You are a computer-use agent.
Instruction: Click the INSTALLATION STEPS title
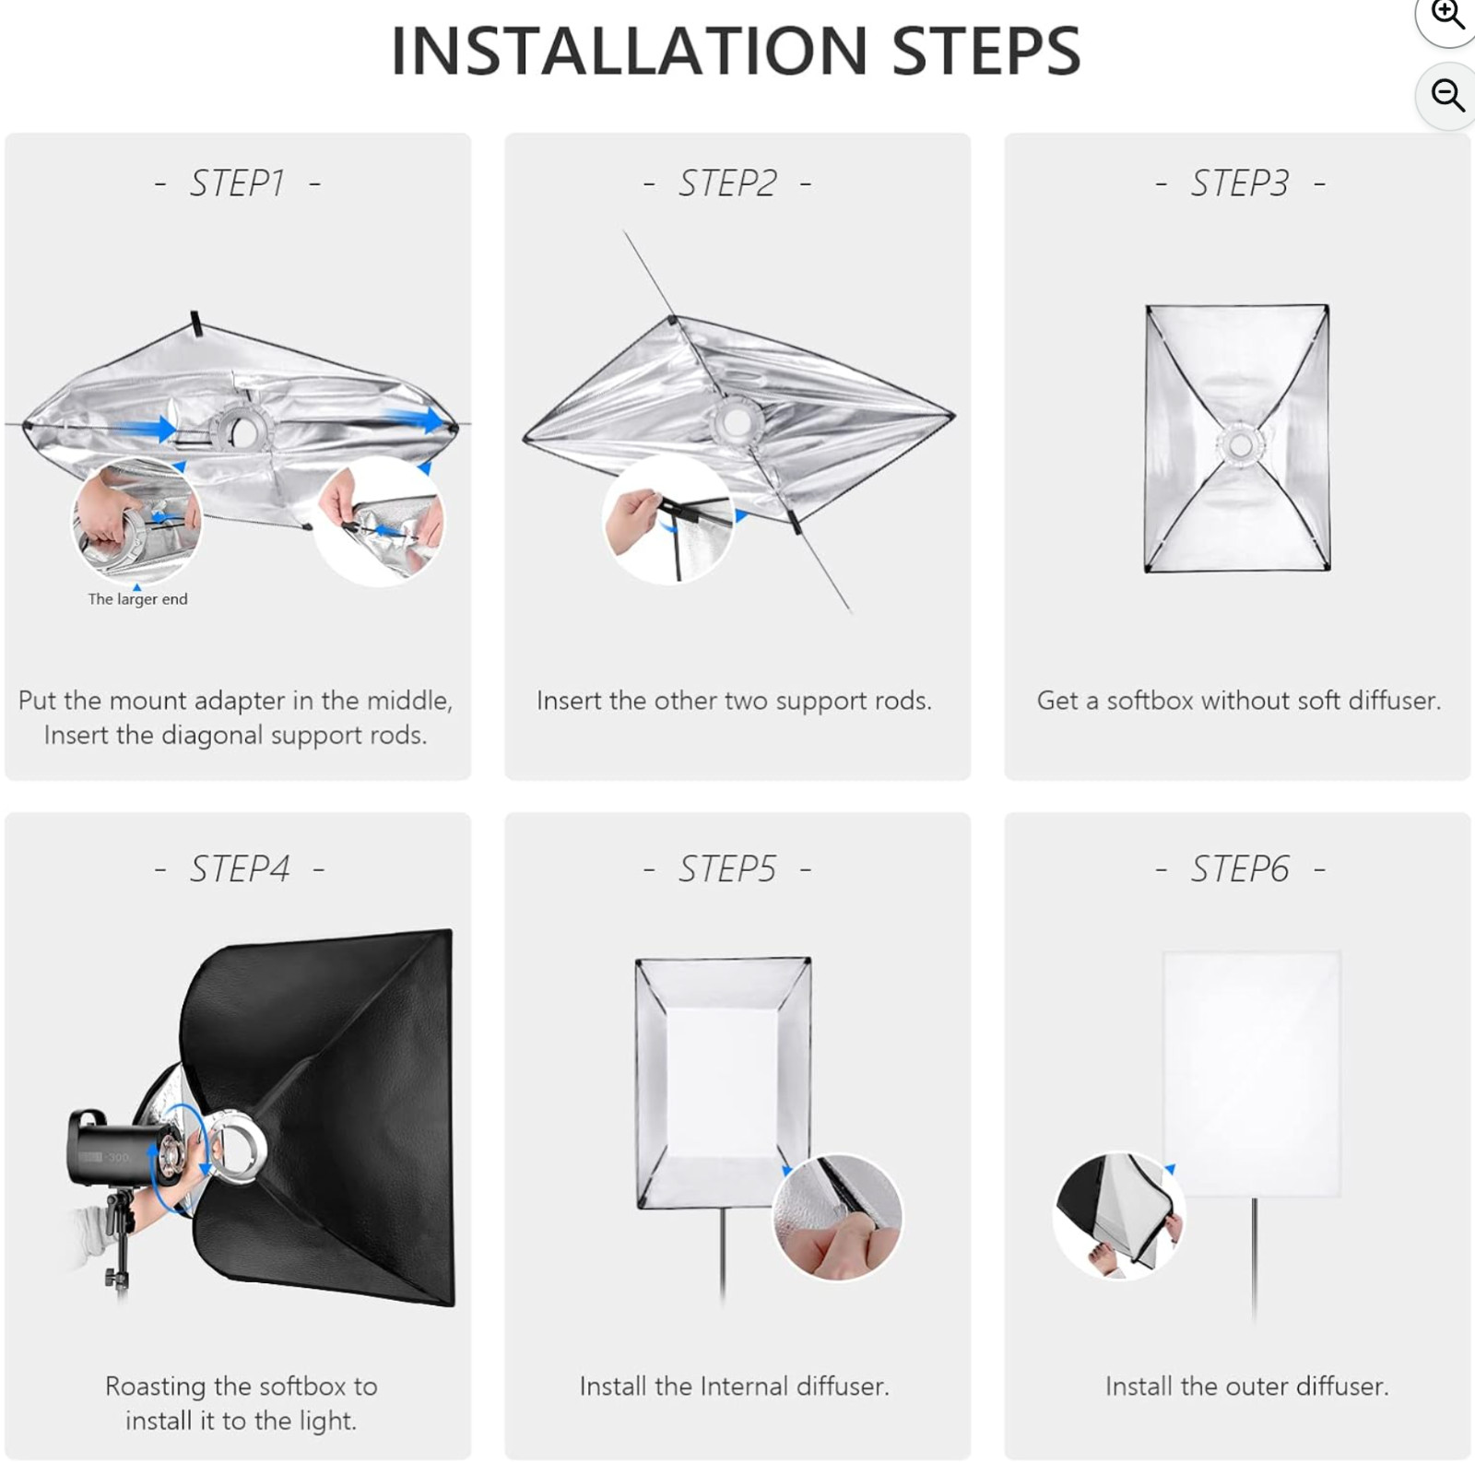point(736,52)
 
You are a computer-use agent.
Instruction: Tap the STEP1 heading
point(238,183)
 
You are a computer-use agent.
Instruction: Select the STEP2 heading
point(727,183)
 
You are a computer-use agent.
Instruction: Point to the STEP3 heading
point(1239,183)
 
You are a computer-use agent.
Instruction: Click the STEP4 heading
point(240,869)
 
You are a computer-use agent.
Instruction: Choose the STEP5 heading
point(727,869)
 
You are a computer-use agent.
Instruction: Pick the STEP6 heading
point(1239,869)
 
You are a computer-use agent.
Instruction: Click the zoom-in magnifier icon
point(1447,16)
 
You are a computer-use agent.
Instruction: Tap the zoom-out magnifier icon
point(1447,95)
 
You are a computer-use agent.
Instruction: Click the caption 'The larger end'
point(137,599)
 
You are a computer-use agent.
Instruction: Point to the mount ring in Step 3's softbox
point(1240,446)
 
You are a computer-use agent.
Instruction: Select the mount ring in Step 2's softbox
point(737,422)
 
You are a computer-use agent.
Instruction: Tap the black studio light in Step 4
point(124,1149)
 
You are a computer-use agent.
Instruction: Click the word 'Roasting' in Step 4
point(155,1387)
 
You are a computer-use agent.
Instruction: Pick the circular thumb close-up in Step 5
point(837,1217)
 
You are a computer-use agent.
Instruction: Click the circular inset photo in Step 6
point(1118,1215)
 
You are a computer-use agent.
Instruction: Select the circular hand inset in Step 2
point(667,519)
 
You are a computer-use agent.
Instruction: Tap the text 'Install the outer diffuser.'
point(1246,1386)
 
